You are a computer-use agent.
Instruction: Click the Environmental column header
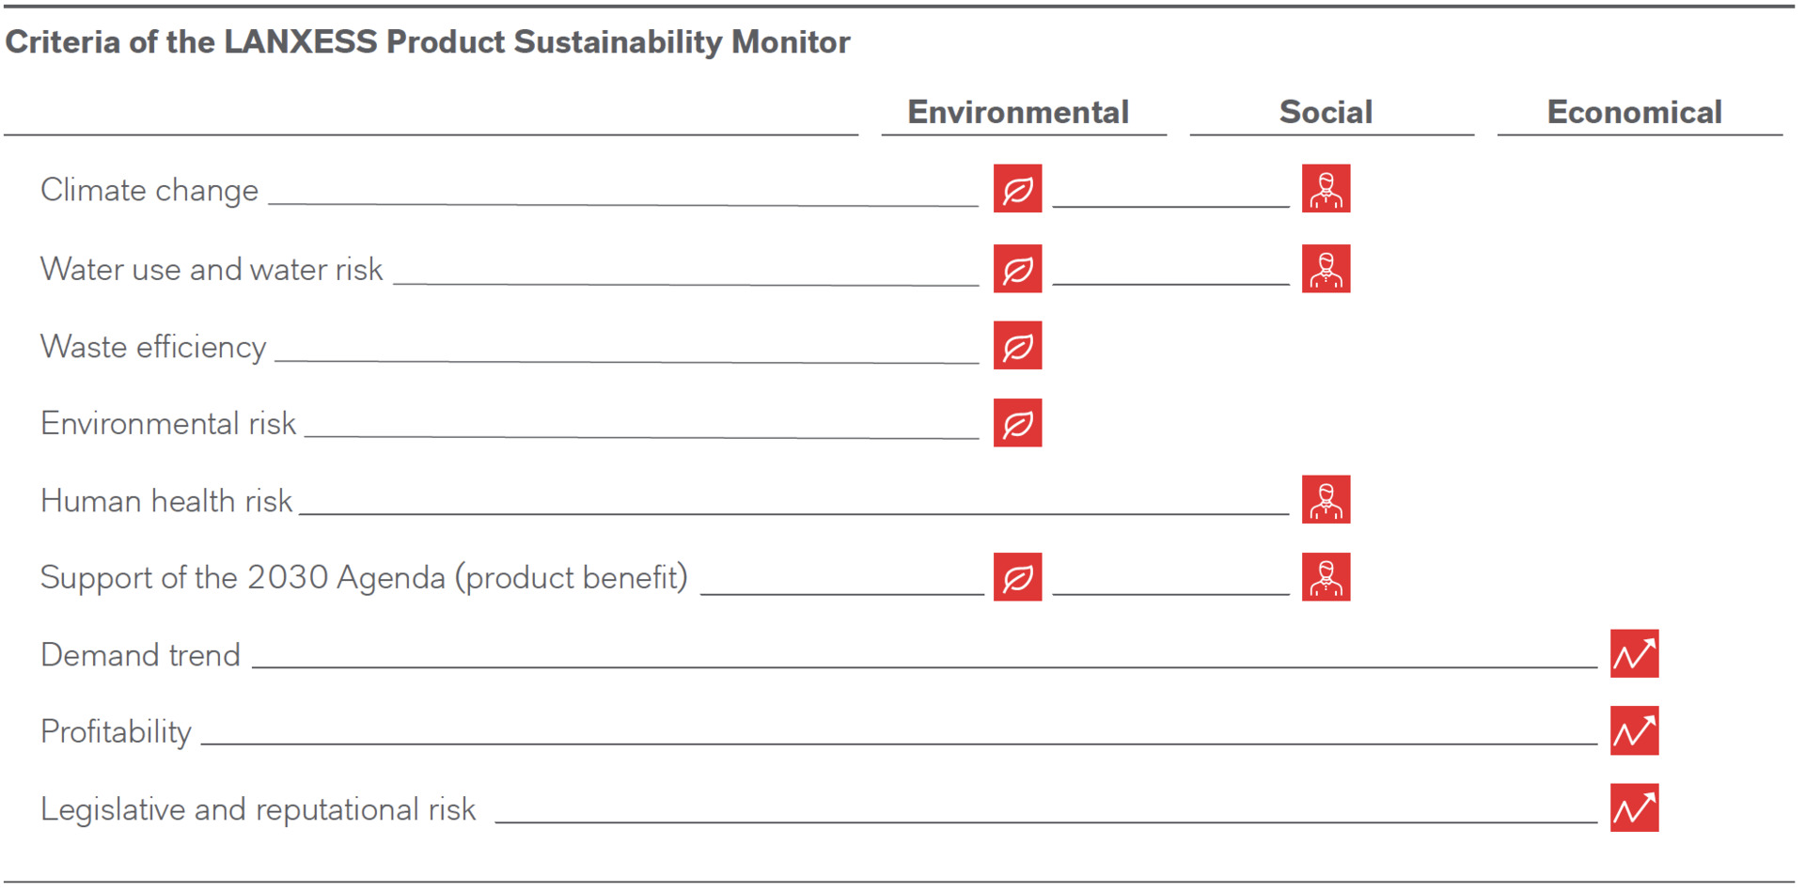(1017, 113)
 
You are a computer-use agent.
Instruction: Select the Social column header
(1326, 113)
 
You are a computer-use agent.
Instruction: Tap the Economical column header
(1634, 113)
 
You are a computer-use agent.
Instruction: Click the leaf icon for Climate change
(1017, 189)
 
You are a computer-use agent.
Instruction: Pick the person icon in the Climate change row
(1326, 189)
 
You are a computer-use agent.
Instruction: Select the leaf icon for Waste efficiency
(1017, 346)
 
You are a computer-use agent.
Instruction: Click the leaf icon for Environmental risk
(1017, 423)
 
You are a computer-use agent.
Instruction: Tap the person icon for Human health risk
(1326, 500)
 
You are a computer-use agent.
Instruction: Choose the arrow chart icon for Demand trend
(1634, 654)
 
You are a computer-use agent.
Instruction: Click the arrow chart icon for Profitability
(1634, 731)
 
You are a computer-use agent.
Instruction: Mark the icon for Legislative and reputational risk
(1634, 808)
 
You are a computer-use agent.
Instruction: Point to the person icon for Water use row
(1326, 269)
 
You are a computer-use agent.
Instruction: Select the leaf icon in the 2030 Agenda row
(1017, 577)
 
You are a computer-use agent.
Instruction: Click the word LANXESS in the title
(300, 42)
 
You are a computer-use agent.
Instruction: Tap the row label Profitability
(116, 732)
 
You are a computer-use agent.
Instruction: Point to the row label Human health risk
(166, 501)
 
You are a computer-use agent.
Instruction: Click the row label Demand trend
(140, 655)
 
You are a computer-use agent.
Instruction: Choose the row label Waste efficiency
(153, 347)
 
